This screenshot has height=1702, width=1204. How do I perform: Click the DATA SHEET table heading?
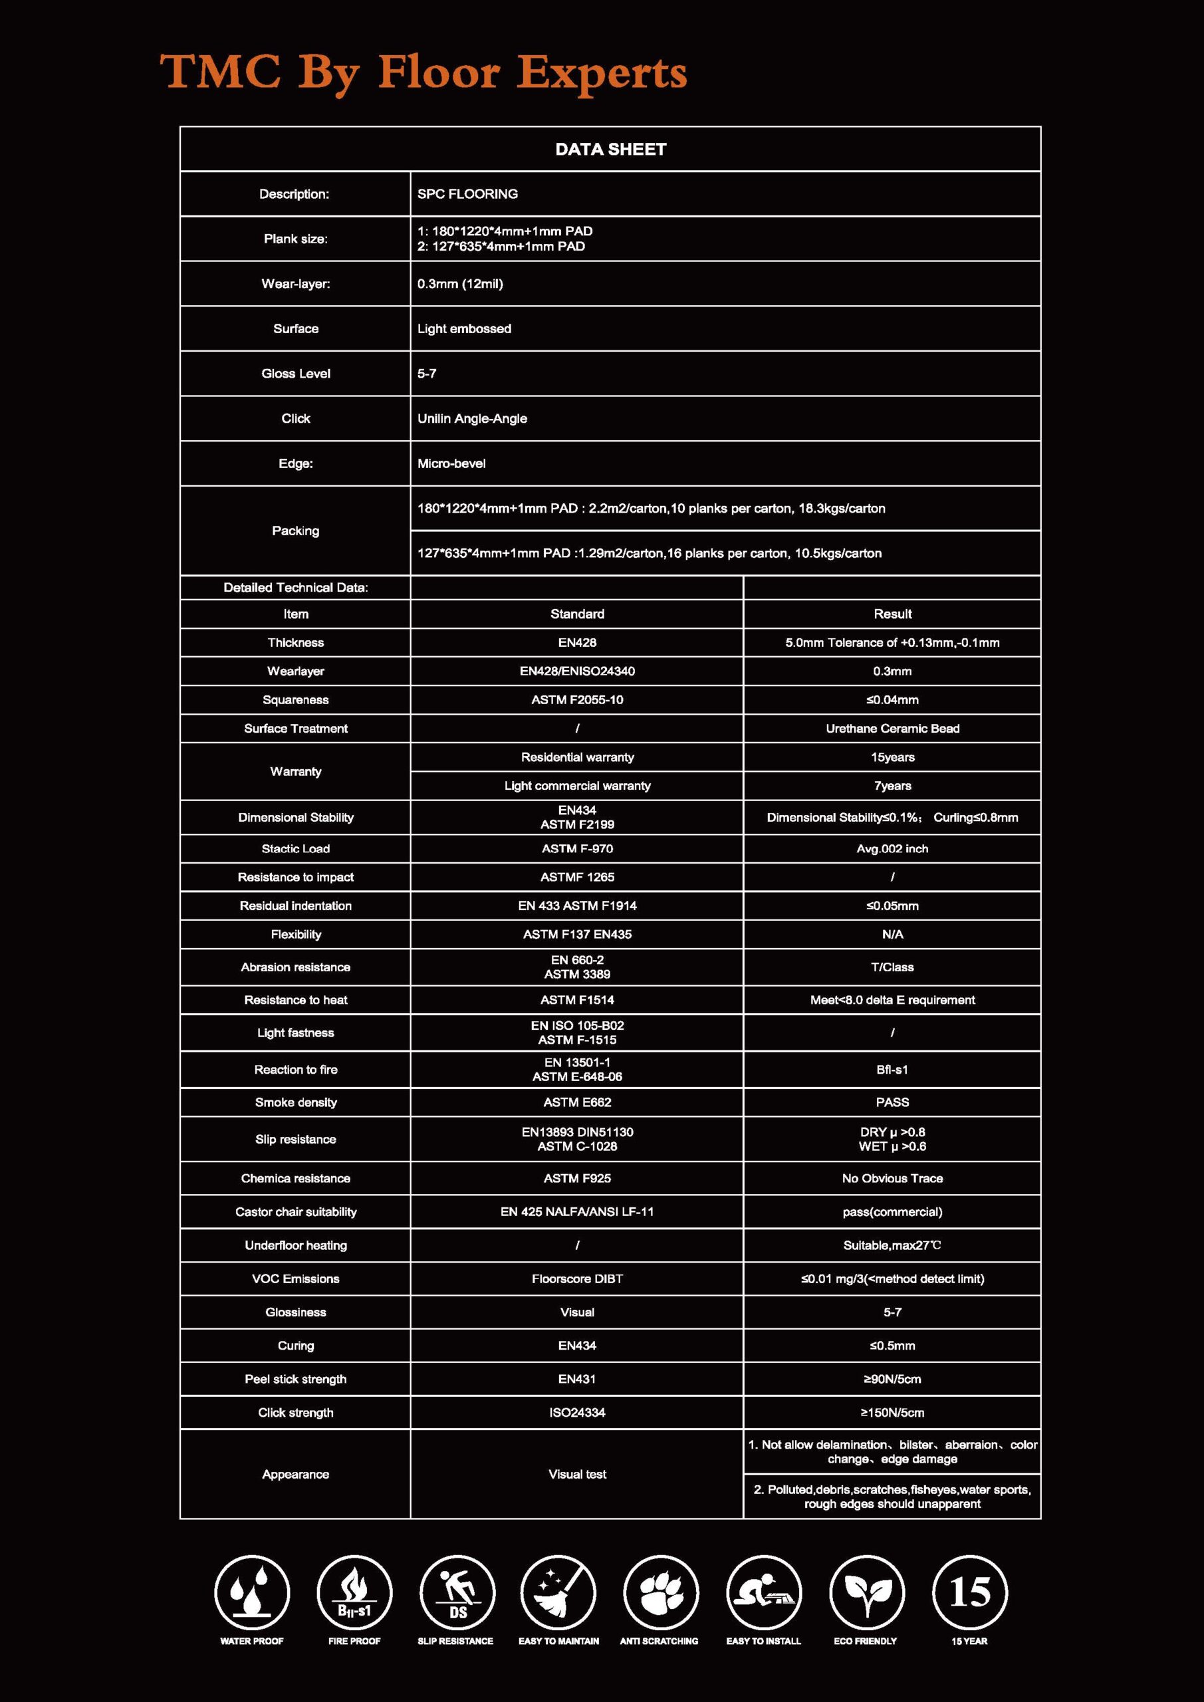point(610,149)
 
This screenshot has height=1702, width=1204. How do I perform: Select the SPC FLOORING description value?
point(467,194)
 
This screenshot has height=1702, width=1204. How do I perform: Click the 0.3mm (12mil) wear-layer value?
point(459,284)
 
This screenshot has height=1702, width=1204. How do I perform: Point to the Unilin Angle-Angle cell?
point(471,419)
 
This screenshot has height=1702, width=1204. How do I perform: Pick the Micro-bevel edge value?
point(451,464)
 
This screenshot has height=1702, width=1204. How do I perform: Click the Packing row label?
point(295,531)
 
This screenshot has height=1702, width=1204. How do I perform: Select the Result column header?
point(892,614)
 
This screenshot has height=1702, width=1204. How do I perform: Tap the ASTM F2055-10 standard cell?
point(577,700)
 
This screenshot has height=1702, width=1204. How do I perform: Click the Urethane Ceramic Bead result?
point(892,729)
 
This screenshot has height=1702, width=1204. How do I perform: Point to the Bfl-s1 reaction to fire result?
point(892,1070)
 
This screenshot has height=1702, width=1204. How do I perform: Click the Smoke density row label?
point(295,1102)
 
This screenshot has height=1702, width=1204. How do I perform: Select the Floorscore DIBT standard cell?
point(577,1278)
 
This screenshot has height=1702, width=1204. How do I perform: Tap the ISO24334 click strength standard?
point(577,1413)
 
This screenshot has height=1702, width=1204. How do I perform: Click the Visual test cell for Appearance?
point(577,1475)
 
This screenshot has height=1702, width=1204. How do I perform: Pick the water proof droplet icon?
point(252,1593)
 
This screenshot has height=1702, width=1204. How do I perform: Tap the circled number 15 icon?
point(969,1593)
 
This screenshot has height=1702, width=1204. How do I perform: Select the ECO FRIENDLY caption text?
point(865,1641)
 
